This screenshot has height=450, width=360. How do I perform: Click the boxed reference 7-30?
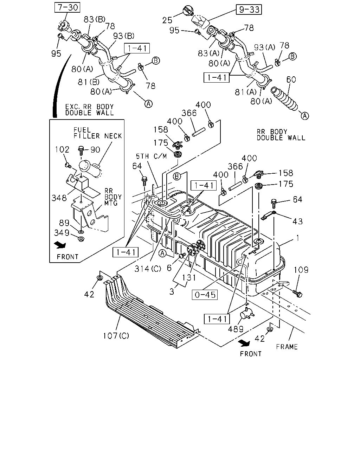coord(67,7)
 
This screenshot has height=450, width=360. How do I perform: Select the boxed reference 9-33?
coord(249,9)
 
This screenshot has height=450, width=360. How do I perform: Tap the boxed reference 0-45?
coord(205,295)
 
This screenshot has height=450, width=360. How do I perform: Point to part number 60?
coord(291,79)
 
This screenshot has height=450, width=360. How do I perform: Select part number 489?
coord(236,329)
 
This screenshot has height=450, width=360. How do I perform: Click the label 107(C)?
coord(116,336)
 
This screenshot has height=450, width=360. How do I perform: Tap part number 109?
coord(301,270)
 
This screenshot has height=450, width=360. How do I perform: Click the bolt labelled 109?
coord(297,294)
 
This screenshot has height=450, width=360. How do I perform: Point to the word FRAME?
coord(287,347)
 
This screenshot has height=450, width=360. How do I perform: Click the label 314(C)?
coord(148,269)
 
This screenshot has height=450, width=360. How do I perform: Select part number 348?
coord(59,198)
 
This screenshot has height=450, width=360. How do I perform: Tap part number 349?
coord(62,233)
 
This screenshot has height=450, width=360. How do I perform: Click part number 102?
coord(62,149)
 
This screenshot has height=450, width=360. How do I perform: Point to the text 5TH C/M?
coord(152,156)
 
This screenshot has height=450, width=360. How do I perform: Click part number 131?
coord(189,278)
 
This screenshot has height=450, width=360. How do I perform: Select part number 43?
coord(297,221)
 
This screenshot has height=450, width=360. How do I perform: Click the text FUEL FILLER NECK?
coord(98,133)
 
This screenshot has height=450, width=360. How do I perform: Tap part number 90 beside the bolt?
coord(95,150)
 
